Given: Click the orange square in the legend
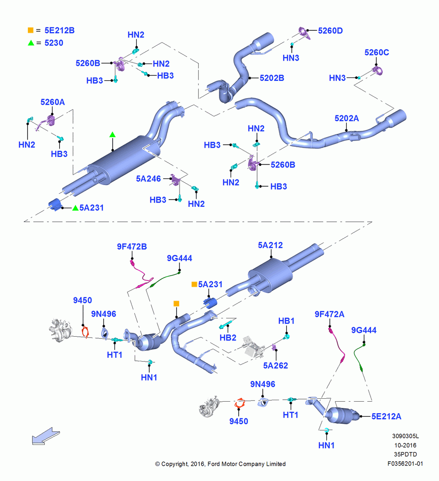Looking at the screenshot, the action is (x=30, y=30).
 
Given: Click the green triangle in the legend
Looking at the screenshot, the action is (x=31, y=43).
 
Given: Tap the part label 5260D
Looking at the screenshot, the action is (x=330, y=31).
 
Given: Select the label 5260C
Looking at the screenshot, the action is (x=377, y=52).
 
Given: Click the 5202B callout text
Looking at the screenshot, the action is (x=271, y=78).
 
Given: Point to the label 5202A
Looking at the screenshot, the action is (x=347, y=118).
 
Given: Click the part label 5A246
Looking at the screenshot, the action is (x=148, y=178).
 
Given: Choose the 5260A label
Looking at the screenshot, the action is (x=52, y=102).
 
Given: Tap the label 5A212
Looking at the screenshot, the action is (x=270, y=245).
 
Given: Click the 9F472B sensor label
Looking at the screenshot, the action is (x=132, y=247).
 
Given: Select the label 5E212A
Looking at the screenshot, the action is (x=386, y=416).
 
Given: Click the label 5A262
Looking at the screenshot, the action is (x=275, y=366).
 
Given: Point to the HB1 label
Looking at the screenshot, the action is (x=286, y=321).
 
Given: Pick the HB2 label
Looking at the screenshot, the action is (x=228, y=338).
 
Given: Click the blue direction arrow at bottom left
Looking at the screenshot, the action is (x=46, y=436).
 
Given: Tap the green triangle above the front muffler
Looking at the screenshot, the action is (x=112, y=134).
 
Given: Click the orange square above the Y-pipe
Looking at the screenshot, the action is (x=176, y=304).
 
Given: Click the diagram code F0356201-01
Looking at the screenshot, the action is (x=405, y=464).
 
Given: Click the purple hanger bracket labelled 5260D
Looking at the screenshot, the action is (x=304, y=32).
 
